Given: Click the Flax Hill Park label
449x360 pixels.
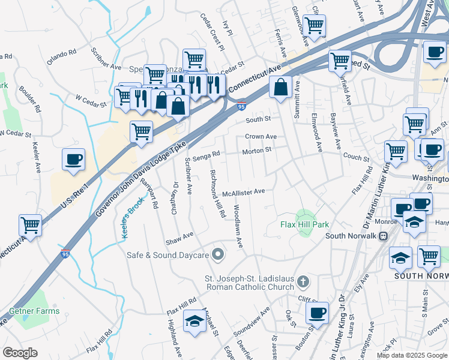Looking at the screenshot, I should tap(305, 224).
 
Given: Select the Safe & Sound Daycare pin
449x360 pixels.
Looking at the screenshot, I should tap(218, 255).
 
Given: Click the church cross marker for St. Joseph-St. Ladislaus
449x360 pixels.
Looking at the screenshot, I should tap(304, 281).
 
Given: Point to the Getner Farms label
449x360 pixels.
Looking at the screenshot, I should tap(34, 311).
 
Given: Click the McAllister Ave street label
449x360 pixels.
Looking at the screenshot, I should tap(243, 192).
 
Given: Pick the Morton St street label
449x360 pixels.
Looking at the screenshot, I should tap(257, 151).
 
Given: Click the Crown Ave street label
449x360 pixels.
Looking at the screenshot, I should tap(261, 136).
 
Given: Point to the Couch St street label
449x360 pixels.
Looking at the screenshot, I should tap(356, 158).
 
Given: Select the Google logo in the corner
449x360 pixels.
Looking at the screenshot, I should tap(20, 353).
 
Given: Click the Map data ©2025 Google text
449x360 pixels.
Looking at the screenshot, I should tap(411, 355).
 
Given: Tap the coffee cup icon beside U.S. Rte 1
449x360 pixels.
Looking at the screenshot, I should tap(73, 160).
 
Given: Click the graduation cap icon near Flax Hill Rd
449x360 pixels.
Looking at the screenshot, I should tap(194, 322).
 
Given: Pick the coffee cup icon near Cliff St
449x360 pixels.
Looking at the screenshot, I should tap(317, 312).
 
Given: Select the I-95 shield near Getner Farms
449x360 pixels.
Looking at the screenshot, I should tap(65, 253).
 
